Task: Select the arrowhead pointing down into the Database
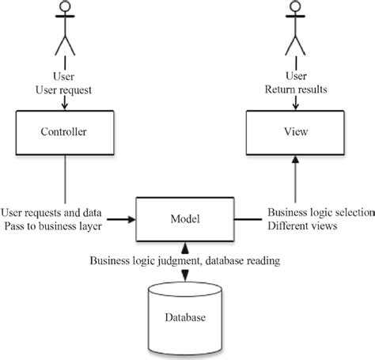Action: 184,275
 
